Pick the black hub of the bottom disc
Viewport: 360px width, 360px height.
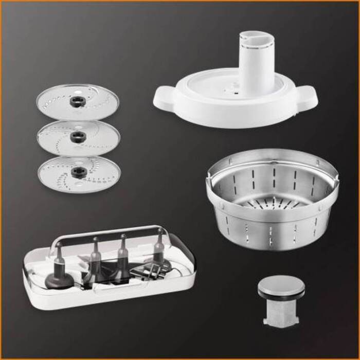pos(79,171)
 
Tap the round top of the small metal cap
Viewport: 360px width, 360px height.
pos(280,285)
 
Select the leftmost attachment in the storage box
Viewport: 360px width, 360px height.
pos(58,270)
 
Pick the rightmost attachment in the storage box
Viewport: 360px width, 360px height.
pos(159,252)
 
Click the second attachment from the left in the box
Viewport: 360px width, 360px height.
pos(95,260)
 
